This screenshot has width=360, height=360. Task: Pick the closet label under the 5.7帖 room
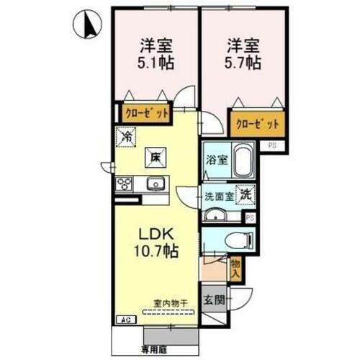[256, 123]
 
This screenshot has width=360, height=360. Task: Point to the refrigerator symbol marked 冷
[127, 135]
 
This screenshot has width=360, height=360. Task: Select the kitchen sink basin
[156, 185]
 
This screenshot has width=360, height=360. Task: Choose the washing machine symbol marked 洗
[246, 193]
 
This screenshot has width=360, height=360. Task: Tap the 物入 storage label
[235, 270]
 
